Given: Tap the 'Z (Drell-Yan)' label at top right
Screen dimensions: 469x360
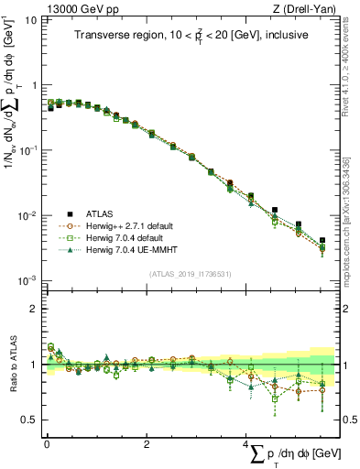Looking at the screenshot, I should pos(307,8).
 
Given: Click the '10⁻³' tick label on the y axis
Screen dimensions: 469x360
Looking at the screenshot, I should pos(27,281).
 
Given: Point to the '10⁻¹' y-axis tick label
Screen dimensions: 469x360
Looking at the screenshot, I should pos(27,150).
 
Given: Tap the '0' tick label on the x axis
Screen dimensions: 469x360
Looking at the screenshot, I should pos(47,444).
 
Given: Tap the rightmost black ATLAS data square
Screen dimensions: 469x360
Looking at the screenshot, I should pos(322,240).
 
